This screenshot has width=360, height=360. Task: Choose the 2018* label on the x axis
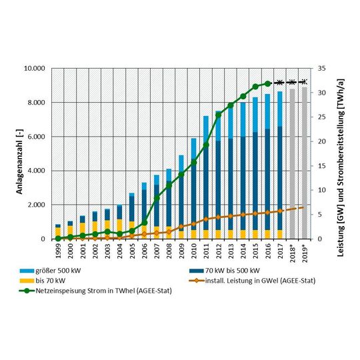[x=292, y=254]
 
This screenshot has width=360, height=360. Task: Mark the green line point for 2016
[x=267, y=84]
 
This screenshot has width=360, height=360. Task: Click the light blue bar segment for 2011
[x=205, y=131]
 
